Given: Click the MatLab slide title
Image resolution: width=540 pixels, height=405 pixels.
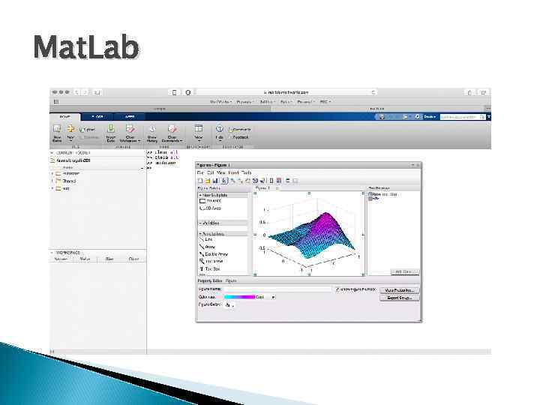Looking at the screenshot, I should coord(85,48).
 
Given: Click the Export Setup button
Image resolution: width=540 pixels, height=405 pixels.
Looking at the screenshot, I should coord(401,298).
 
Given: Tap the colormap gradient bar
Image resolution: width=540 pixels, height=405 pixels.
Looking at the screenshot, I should coord(240,297).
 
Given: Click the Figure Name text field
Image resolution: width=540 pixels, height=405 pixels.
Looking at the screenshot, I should coord(277,289).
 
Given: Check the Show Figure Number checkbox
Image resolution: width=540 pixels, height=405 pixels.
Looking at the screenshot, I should coord(337,289).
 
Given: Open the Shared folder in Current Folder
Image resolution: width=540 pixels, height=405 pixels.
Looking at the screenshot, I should coord(68,181).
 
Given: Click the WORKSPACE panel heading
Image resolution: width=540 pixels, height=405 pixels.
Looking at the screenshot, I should coord(69,253).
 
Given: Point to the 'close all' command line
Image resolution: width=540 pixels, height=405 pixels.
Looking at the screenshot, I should coord(160,157).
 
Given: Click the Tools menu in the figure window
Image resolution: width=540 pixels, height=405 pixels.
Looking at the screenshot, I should coord(247,172).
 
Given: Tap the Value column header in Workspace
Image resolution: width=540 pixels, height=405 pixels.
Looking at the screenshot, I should coord(85,259).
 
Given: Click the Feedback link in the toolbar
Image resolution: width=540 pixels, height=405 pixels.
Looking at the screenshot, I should coord(241,137).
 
